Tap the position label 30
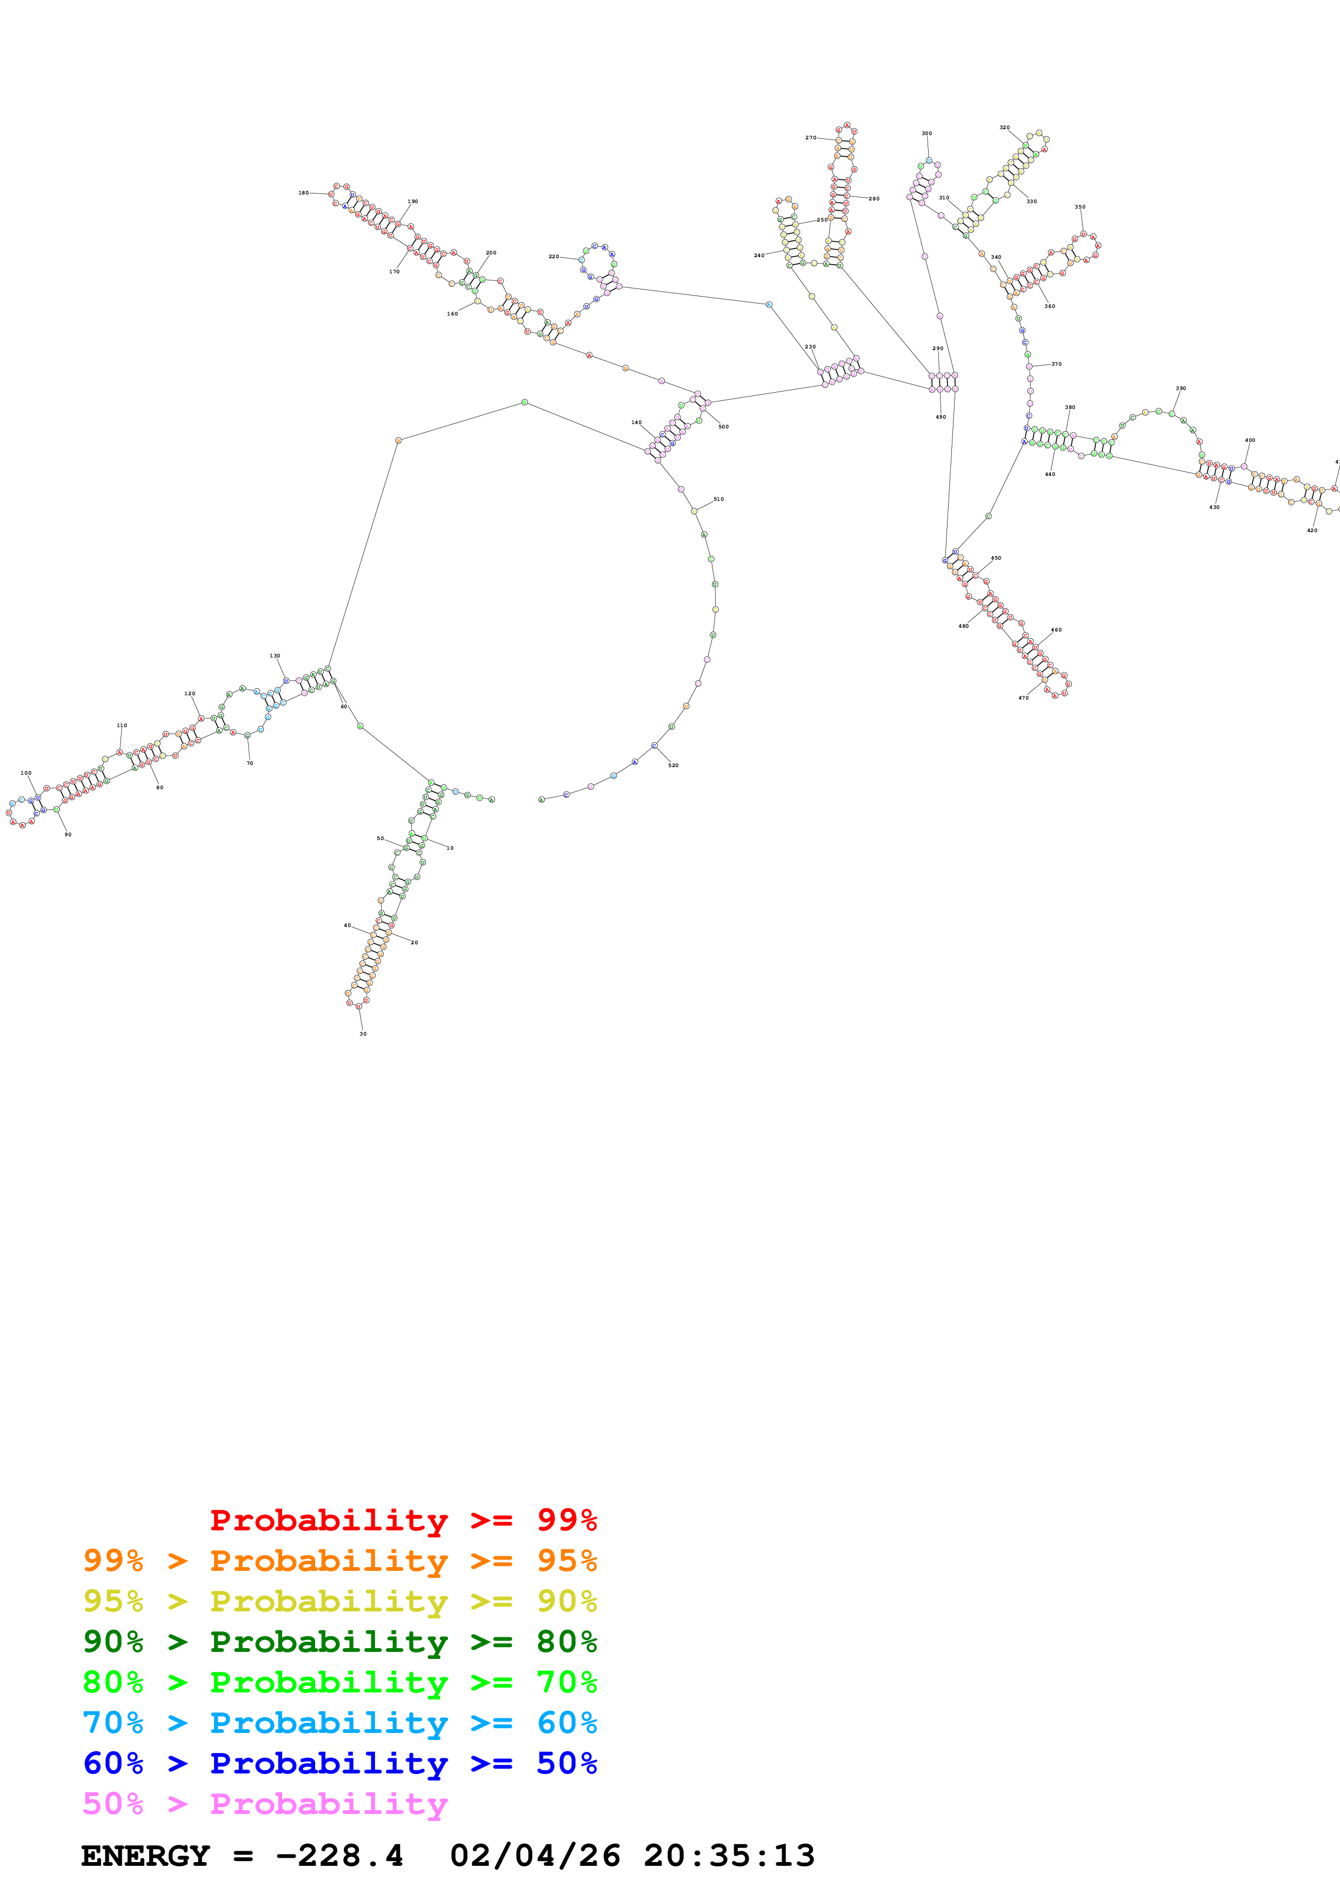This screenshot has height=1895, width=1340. (363, 1033)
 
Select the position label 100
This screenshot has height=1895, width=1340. (25, 774)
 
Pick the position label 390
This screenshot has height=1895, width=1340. (1181, 388)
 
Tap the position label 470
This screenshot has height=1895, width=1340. (1023, 698)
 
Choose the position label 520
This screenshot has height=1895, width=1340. (673, 765)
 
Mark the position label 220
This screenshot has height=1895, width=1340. (553, 257)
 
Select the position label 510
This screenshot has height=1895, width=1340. (718, 499)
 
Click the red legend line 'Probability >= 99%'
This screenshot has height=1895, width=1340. (403, 1520)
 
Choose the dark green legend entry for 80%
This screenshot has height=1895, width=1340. (339, 1642)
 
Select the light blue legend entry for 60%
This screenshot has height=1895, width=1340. (339, 1723)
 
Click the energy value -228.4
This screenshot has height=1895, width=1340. (339, 1856)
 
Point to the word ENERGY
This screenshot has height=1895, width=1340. (145, 1856)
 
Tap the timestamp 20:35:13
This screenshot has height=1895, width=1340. (729, 1856)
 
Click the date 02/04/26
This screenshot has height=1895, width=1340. (535, 1856)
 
